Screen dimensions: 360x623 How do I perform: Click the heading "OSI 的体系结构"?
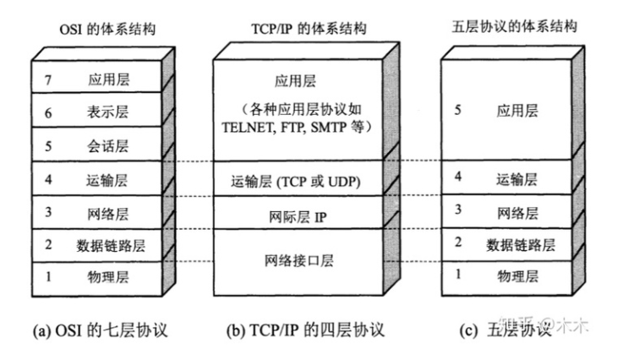click(101, 29)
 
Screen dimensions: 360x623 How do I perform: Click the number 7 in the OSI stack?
click(49, 80)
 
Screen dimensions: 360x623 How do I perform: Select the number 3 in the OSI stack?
click(49, 212)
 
